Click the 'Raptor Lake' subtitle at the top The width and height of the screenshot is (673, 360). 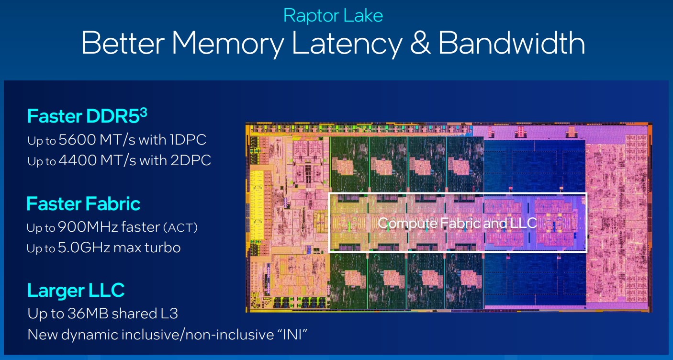tap(333, 16)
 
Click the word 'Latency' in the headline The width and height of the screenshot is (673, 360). tap(347, 44)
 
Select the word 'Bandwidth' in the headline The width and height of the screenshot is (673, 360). tap(512, 43)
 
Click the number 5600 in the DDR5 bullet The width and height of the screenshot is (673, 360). tap(77, 140)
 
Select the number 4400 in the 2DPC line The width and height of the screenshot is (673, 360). tap(78, 160)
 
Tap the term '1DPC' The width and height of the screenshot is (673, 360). tap(188, 140)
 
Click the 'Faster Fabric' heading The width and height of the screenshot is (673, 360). tap(83, 204)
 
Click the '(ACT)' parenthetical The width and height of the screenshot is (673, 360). tap(180, 227)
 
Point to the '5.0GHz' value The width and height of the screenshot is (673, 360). tap(84, 247)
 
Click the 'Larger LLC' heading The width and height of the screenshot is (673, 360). tap(76, 290)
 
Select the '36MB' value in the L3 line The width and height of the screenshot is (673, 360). tap(88, 314)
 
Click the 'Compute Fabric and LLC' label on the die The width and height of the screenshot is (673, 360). tap(457, 223)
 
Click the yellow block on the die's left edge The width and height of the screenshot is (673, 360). tap(257, 204)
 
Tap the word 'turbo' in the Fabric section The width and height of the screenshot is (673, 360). tap(163, 247)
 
